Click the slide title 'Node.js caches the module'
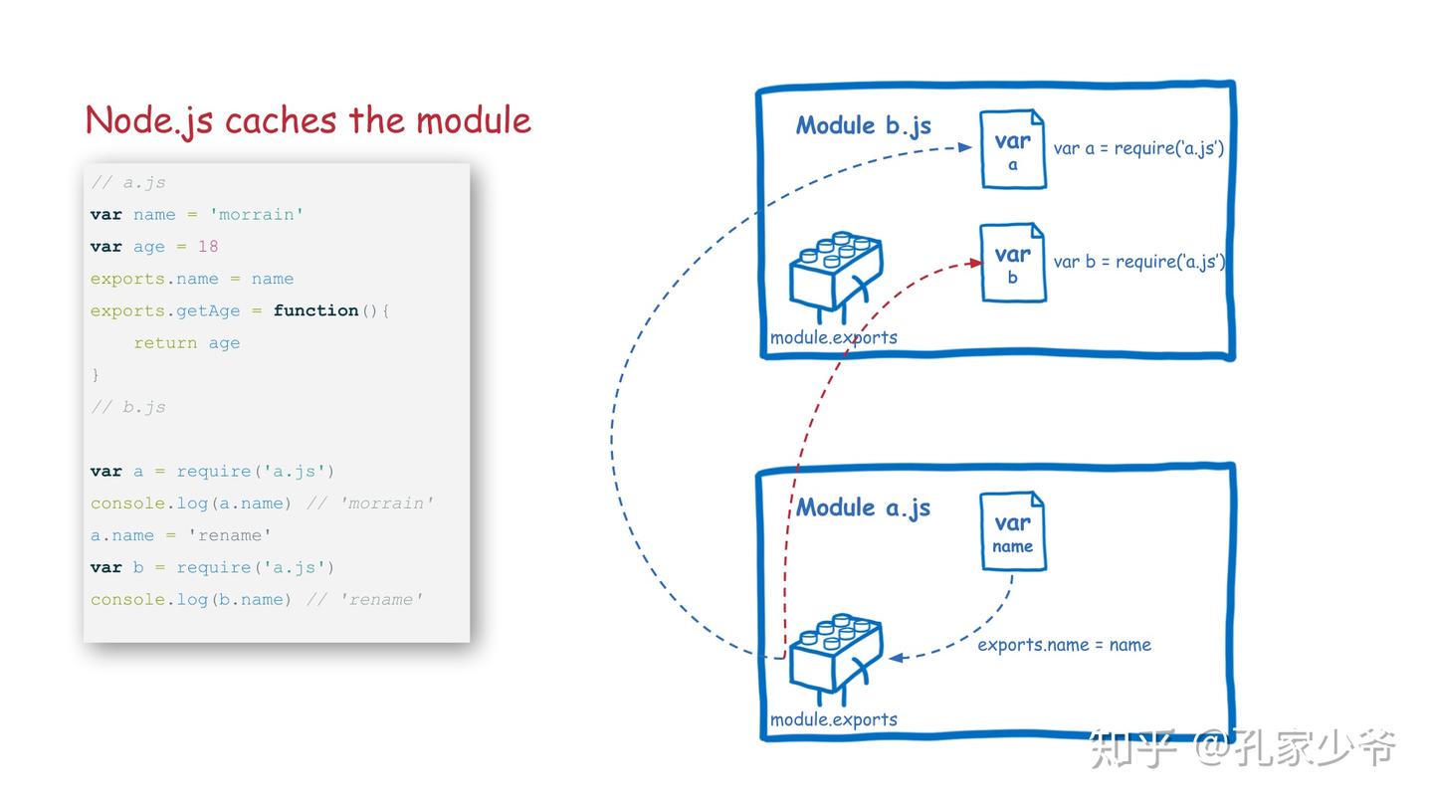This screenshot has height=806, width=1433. pyautogui.click(x=307, y=120)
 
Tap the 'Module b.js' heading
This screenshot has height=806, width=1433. pyautogui.click(x=863, y=125)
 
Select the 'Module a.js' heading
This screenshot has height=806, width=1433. pyautogui.click(x=863, y=507)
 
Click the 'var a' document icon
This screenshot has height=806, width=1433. pyautogui.click(x=1012, y=149)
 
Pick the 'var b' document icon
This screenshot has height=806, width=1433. pyautogui.click(x=1012, y=263)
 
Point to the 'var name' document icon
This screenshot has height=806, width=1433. pyautogui.click(x=1012, y=531)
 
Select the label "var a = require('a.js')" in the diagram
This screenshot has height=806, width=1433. pyautogui.click(x=1138, y=148)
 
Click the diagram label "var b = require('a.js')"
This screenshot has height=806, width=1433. pyautogui.click(x=1138, y=262)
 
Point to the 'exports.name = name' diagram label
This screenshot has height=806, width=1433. pyautogui.click(x=1064, y=645)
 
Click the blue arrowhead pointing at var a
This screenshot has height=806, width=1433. pyautogui.click(x=964, y=147)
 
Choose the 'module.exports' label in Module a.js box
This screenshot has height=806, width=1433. pyautogui.click(x=834, y=719)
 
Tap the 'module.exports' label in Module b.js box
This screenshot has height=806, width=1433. pyautogui.click(x=834, y=337)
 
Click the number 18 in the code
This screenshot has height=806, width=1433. pyautogui.click(x=207, y=247)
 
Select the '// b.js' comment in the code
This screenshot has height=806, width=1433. pyautogui.click(x=128, y=407)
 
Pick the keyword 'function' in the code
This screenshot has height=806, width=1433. pyautogui.click(x=315, y=310)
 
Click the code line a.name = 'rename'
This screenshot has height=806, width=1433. pyautogui.click(x=180, y=535)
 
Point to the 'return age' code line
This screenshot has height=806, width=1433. pyautogui.click(x=186, y=343)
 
